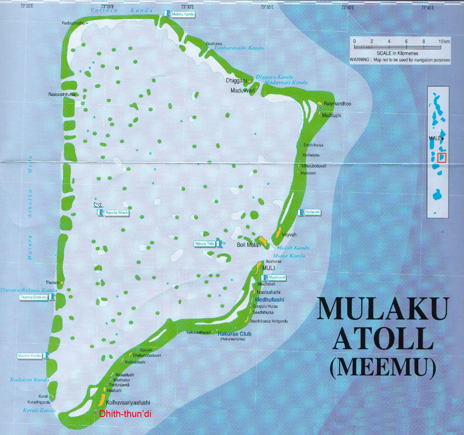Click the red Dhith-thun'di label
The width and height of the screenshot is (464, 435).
[x=125, y=414]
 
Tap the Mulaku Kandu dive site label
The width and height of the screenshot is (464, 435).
[x=183, y=14]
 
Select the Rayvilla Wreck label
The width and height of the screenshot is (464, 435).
[x=116, y=213]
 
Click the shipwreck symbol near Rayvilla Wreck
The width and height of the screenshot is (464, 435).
[x=98, y=205]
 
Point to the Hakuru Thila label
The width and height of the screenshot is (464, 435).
[x=204, y=244]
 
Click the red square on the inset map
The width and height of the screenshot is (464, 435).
[x=441, y=158]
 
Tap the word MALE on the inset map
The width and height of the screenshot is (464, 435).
[x=434, y=138]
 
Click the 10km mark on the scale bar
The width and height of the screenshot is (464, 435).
[x=444, y=42]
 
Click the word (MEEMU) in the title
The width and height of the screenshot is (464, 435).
[x=383, y=368]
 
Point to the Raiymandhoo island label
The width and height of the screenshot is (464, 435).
[x=337, y=104]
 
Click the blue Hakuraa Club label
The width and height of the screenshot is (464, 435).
[x=234, y=334]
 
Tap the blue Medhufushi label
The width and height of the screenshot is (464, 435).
[x=269, y=300]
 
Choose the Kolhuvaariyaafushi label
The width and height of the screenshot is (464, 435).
[x=128, y=403]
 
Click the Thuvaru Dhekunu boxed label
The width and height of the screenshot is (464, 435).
[x=33, y=297]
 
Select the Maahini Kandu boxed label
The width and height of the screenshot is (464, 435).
[x=30, y=356]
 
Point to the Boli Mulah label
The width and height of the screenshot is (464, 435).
[x=248, y=245]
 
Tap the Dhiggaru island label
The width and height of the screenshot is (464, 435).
[x=236, y=81]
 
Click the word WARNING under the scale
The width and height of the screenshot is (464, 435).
[x=359, y=60]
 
